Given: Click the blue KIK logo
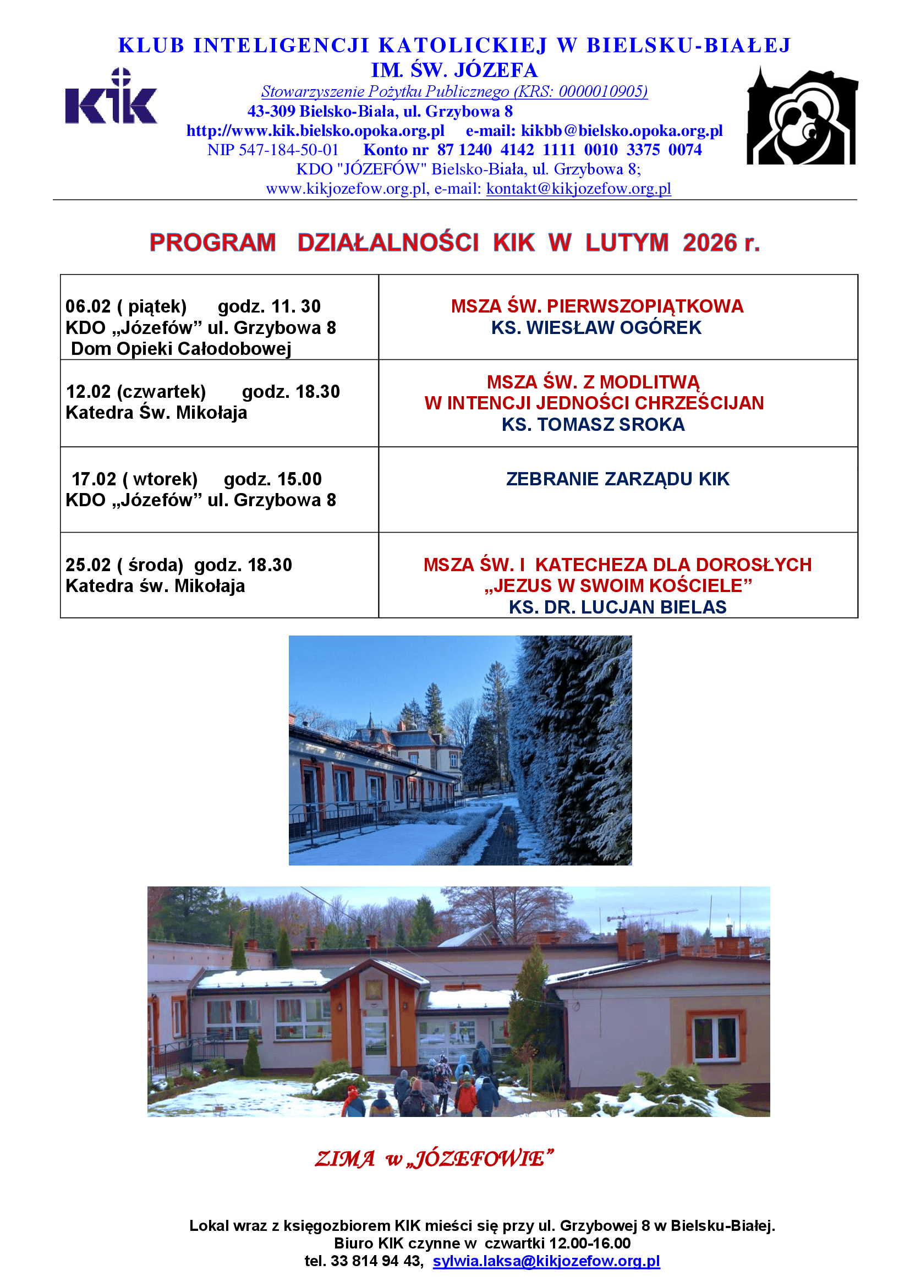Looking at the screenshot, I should [x=111, y=98].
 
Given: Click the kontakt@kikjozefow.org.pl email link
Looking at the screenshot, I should [x=578, y=189].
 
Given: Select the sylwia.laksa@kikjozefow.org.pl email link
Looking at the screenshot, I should [x=546, y=1261].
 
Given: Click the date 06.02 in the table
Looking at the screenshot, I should [x=88, y=306].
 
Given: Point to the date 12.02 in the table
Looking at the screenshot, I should [x=89, y=392].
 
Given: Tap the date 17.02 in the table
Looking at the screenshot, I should [x=94, y=479].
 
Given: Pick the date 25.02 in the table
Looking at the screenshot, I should [x=88, y=565].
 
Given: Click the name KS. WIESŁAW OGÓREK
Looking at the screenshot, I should [x=596, y=328].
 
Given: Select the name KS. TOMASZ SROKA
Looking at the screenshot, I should [x=593, y=425].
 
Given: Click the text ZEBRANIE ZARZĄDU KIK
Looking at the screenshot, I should [x=617, y=479].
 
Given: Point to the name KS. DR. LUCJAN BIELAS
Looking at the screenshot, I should [x=617, y=607].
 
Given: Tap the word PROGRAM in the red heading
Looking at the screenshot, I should [x=212, y=243].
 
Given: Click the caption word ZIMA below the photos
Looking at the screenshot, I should [x=344, y=1159].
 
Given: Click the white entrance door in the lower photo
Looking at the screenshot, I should [x=374, y=1039].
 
